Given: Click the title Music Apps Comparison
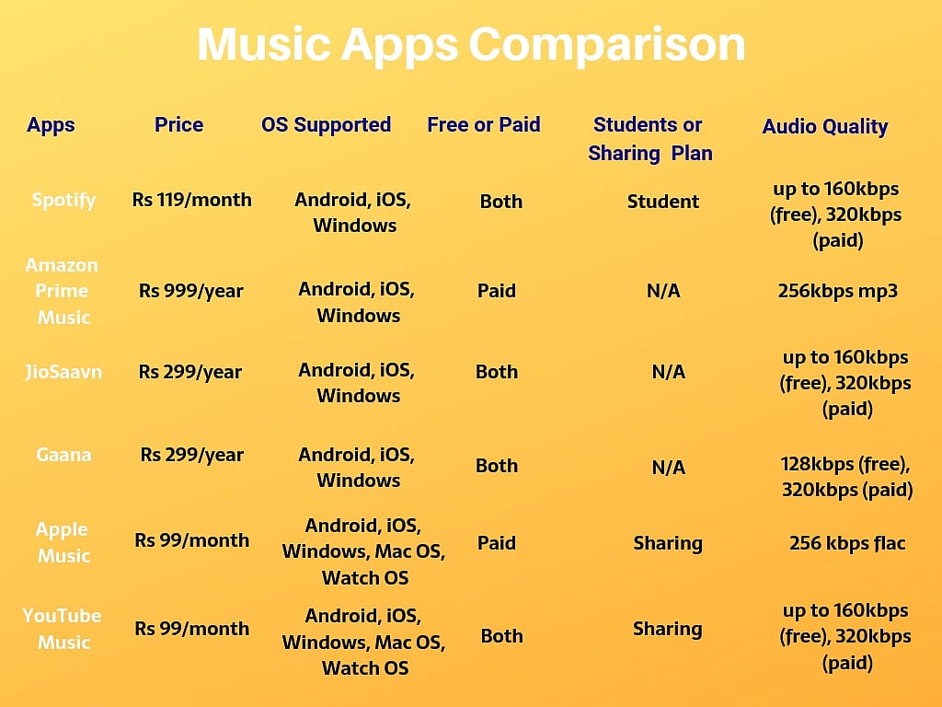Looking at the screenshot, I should (471, 45).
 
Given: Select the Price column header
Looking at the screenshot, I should (178, 125).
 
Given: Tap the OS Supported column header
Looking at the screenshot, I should (326, 125).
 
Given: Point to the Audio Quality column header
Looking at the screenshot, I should (824, 127).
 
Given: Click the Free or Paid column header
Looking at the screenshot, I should (483, 125).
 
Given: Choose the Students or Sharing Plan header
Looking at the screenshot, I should (649, 139).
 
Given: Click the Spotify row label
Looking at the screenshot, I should (63, 200).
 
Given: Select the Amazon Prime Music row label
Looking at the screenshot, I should (63, 291).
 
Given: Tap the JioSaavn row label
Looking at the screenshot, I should (63, 372).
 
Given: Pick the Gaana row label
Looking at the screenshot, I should (63, 455).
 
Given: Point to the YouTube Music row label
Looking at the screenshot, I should (63, 629).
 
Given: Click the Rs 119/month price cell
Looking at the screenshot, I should (191, 200).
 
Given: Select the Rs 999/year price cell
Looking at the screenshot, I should (190, 291).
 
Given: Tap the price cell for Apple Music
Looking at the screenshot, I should (191, 540).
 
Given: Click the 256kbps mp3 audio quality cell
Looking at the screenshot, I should (837, 291).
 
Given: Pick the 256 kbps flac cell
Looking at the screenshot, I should (847, 543).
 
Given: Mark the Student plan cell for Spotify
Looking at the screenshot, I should (662, 202).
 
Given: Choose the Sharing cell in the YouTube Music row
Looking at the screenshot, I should (667, 630).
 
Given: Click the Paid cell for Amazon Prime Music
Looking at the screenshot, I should (496, 291).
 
